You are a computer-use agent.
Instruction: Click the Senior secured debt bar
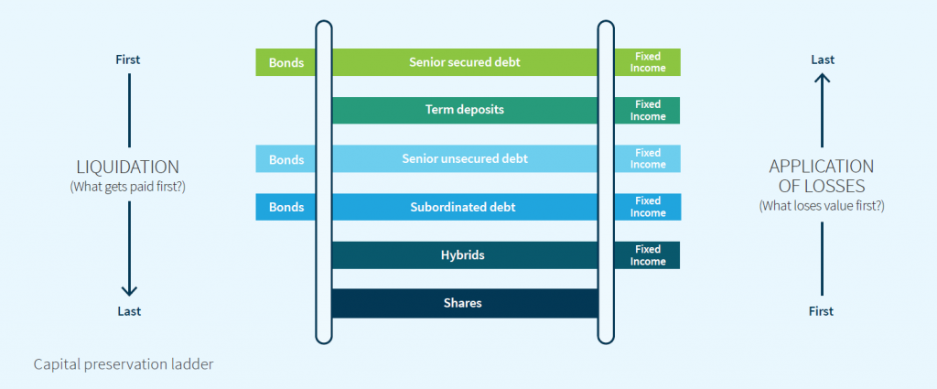464,62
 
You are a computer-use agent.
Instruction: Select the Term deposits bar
464,110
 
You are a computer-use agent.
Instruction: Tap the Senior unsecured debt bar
464,158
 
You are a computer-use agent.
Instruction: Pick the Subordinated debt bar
464,207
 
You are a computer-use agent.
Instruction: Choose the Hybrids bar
464,255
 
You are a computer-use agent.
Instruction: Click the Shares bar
464,303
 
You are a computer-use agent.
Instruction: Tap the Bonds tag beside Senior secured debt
285,62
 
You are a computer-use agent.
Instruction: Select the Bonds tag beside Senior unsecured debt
285,158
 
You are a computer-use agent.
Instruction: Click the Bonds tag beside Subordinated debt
285,207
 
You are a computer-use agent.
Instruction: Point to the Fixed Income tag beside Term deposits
648,110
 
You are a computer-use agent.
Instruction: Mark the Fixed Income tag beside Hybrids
648,255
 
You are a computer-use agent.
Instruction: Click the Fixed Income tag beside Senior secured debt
648,62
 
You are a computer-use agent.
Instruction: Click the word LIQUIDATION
127,167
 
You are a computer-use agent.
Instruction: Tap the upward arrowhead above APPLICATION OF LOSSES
822,80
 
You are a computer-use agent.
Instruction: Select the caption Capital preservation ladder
124,364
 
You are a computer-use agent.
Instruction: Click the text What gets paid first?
128,187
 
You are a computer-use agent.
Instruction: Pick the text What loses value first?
821,205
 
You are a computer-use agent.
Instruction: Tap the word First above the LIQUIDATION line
128,59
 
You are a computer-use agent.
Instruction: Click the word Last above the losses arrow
822,59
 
